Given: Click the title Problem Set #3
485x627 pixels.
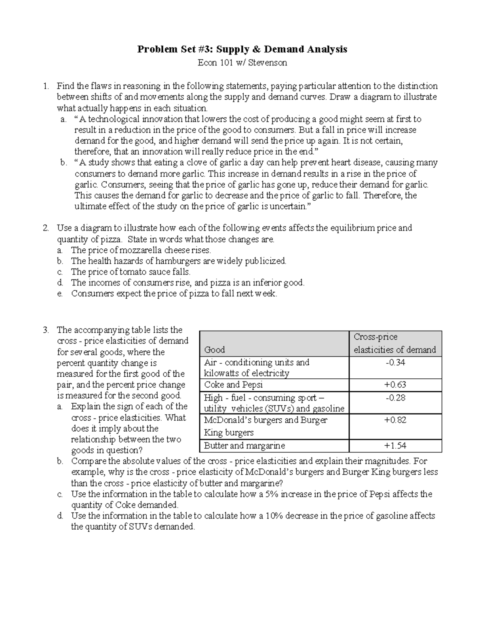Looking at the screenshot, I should click(x=242, y=49).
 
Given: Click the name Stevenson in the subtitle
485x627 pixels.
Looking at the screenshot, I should click(x=268, y=63).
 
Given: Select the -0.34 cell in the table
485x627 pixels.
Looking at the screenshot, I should click(x=395, y=363).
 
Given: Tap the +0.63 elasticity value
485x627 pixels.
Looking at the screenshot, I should click(x=395, y=385).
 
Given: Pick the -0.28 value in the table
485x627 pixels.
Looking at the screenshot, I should click(x=395, y=398).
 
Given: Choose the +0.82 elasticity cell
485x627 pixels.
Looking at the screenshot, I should click(x=395, y=420).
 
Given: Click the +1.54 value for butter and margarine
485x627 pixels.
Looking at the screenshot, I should click(x=395, y=446).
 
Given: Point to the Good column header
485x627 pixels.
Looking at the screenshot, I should click(x=215, y=350).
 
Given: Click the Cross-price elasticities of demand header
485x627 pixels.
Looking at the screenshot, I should click(x=395, y=343).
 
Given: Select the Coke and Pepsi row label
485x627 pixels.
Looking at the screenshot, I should click(x=233, y=385).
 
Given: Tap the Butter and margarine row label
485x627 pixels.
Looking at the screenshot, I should click(x=244, y=446).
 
